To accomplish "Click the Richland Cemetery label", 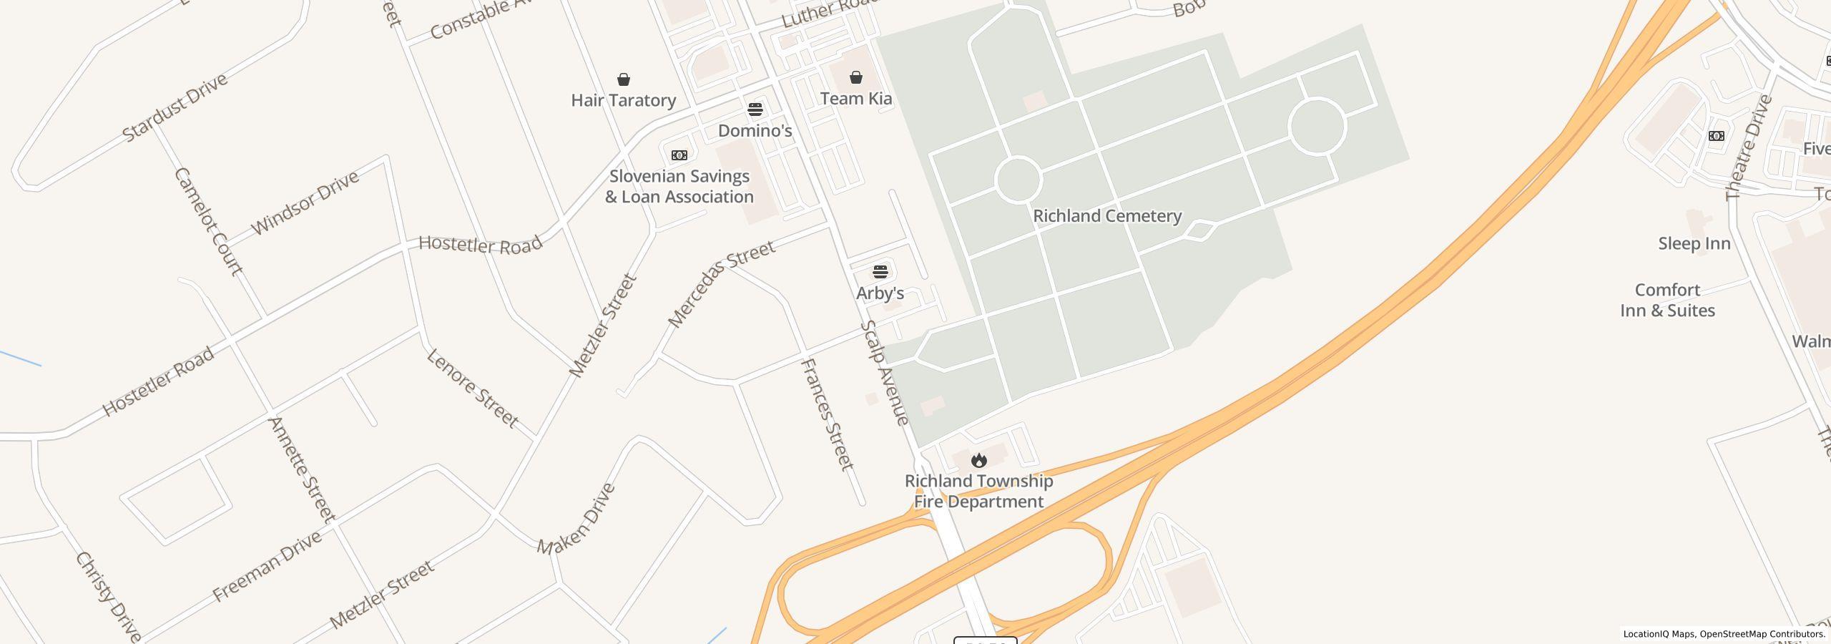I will [x=1107, y=216].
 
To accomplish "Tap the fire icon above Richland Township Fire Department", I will [x=978, y=460].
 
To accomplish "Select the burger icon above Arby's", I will [x=880, y=272].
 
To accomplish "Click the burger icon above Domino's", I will [x=755, y=109].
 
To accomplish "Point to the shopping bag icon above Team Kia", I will [x=856, y=77].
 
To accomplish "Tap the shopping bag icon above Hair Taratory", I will [x=624, y=79].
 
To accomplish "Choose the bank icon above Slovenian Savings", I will [x=679, y=155].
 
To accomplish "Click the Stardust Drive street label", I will [x=175, y=107].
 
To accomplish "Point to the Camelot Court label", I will [x=210, y=221].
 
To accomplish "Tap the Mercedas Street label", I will [x=721, y=283].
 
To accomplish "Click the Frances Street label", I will [x=827, y=414].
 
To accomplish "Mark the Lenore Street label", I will [x=473, y=388].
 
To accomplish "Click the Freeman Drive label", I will [x=267, y=567].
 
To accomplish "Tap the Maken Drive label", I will [x=577, y=519].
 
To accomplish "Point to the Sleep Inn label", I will [x=1694, y=244].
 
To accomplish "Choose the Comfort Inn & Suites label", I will [x=1667, y=301].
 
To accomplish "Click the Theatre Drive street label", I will [x=1748, y=147].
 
